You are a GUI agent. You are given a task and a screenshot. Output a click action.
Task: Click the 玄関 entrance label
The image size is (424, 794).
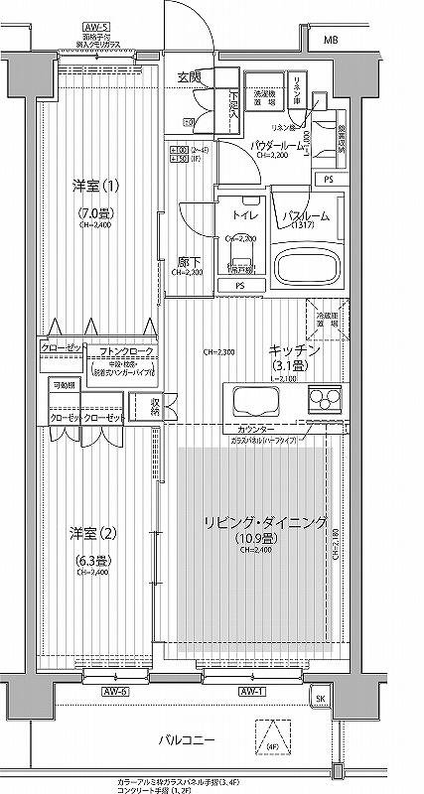tap(189, 76)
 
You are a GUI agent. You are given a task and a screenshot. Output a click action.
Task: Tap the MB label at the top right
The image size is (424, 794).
tap(330, 40)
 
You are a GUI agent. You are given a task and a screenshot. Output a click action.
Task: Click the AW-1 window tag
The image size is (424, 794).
tap(250, 691)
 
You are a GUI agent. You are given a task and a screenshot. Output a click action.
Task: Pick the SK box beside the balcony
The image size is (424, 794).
tap(319, 699)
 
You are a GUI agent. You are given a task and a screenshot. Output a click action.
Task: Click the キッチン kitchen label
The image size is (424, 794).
tap(293, 350)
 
